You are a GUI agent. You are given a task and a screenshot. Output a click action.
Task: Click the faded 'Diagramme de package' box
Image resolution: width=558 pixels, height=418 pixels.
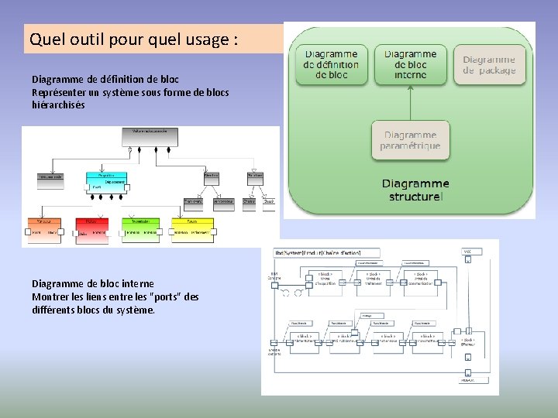(x=489, y=65)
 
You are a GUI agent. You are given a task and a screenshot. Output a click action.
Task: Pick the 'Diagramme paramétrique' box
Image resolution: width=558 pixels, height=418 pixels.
(x=410, y=140)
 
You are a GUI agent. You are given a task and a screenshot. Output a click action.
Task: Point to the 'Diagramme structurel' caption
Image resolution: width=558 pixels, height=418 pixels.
(x=415, y=190)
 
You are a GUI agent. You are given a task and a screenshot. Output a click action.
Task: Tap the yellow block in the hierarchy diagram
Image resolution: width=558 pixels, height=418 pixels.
(x=191, y=227)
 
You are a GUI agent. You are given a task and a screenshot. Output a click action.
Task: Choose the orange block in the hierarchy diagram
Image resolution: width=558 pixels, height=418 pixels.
(x=45, y=227)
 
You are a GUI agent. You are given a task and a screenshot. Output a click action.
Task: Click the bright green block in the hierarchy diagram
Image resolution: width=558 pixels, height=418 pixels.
(x=140, y=227)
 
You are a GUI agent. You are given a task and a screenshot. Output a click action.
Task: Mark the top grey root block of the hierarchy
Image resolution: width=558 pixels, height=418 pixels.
(x=150, y=136)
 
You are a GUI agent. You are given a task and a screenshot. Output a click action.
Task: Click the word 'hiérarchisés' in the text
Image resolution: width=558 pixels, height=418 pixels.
(x=58, y=105)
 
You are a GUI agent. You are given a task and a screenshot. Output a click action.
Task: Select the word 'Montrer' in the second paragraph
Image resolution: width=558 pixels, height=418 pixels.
(x=49, y=296)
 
